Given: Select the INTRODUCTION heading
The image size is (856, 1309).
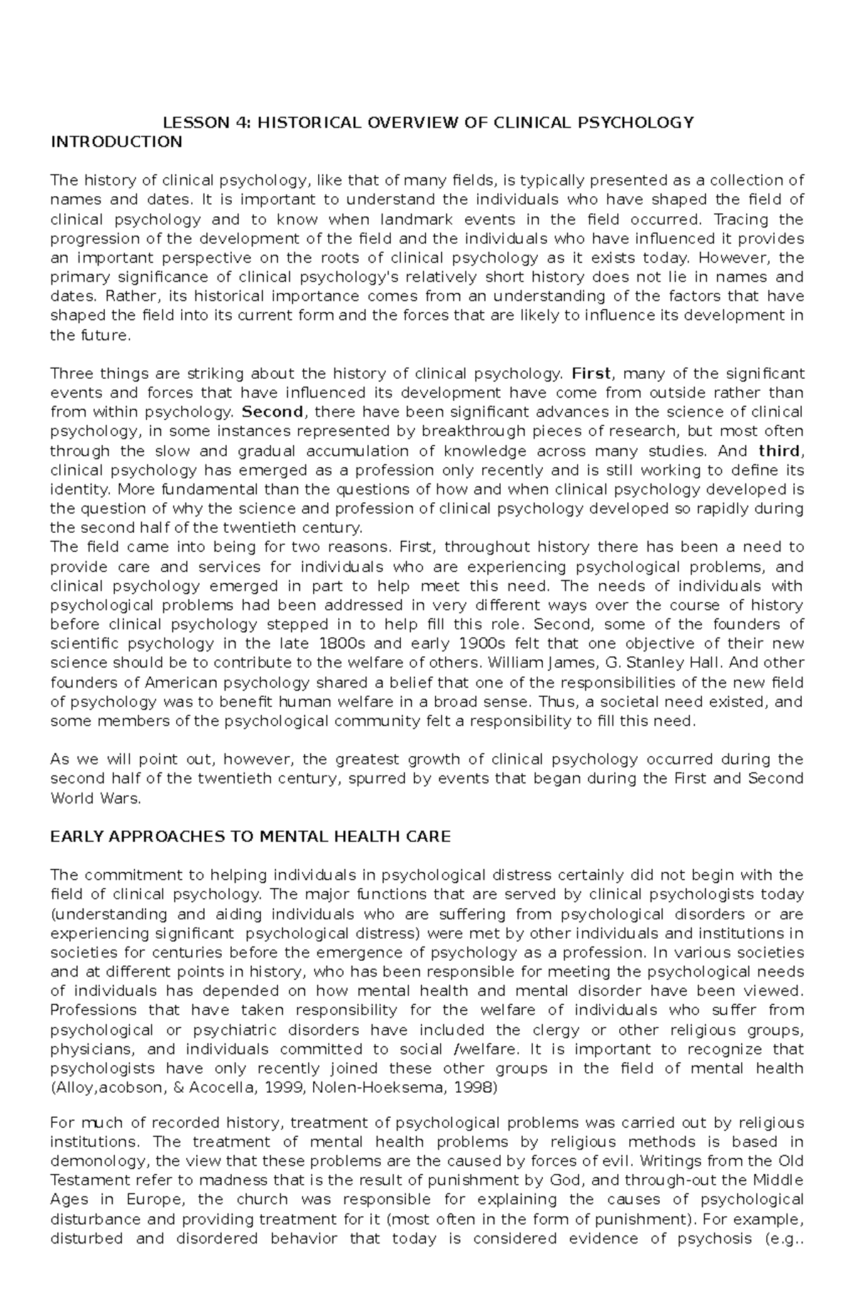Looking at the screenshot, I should [116, 142].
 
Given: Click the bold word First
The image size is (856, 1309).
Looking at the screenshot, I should [591, 373].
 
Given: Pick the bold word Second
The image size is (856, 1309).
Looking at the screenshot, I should [272, 412].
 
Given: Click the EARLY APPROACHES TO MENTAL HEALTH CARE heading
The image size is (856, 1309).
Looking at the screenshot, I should [250, 837].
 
